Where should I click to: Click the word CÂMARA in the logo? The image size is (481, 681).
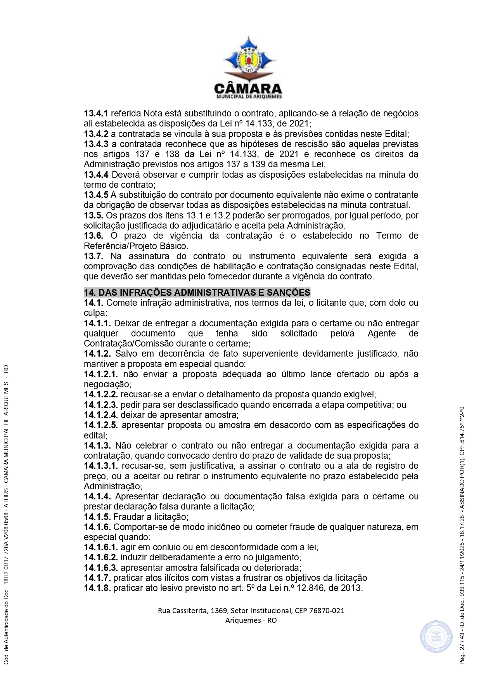248,88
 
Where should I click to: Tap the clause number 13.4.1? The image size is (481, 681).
96,113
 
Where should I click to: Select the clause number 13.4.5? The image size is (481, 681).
96,195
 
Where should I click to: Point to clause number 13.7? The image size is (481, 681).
93,256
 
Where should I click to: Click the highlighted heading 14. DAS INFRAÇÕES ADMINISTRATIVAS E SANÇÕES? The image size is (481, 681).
197,293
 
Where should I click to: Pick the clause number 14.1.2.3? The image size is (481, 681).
101,405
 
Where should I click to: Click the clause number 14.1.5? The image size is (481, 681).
97,517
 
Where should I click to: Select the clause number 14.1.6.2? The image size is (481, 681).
101,558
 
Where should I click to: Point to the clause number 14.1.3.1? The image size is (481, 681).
101,466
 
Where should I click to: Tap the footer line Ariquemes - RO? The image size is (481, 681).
251,620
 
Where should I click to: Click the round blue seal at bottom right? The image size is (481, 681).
436,636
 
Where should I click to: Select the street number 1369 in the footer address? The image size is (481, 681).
218,610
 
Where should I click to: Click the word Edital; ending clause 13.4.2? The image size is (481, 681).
396,134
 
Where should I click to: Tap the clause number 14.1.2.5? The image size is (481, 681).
101,425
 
